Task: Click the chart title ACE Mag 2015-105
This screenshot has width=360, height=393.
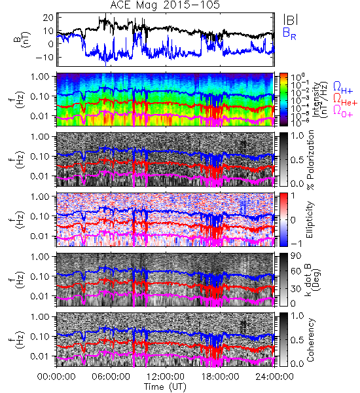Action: click(x=165, y=5)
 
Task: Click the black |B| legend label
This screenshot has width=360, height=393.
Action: click(x=291, y=20)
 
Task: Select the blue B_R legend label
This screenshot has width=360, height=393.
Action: click(x=289, y=33)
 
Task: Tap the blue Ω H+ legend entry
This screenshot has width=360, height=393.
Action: click(x=343, y=88)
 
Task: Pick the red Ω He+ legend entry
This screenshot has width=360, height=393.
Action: click(x=345, y=100)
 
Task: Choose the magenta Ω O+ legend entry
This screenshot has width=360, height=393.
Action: click(x=343, y=111)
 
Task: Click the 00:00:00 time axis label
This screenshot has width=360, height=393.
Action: click(x=56, y=377)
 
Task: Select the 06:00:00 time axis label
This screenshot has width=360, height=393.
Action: click(x=111, y=377)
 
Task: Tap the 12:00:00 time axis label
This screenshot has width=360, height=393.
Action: click(x=166, y=377)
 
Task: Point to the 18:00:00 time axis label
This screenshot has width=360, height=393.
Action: click(x=220, y=377)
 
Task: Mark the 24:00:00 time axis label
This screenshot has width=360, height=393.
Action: click(x=274, y=377)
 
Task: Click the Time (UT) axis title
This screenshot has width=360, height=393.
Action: click(x=165, y=386)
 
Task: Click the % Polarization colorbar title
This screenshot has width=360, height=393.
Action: click(x=310, y=160)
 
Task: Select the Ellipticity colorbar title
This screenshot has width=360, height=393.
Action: click(x=310, y=219)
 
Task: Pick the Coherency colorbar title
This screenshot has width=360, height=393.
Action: click(x=310, y=340)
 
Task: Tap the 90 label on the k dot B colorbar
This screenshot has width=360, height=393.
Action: click(x=296, y=256)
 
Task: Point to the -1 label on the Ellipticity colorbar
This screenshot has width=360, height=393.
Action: click(x=296, y=244)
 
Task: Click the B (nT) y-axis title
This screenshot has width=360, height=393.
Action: click(x=22, y=40)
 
